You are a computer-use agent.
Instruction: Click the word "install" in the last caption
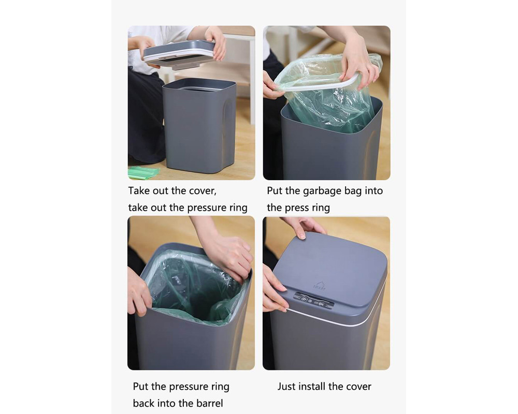pyautogui.click(x=312, y=386)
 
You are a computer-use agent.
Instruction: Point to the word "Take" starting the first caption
pyautogui.click(x=139, y=191)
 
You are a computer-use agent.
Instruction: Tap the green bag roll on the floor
pyautogui.click(x=142, y=173)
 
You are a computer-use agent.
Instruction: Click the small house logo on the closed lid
pyautogui.click(x=320, y=285)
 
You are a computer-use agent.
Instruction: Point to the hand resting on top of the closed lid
pyautogui.click(x=303, y=227)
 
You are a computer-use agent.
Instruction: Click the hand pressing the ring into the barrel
pyautogui.click(x=229, y=256)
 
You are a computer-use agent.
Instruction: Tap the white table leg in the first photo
pyautogui.click(x=252, y=79)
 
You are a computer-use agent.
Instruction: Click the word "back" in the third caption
pyautogui.click(x=143, y=403)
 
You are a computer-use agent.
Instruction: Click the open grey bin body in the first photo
pyautogui.click(x=199, y=126)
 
